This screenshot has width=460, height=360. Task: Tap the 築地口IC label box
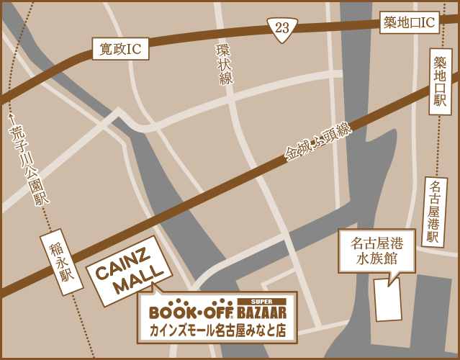[x=410, y=23]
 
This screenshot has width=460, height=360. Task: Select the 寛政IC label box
[x=120, y=49]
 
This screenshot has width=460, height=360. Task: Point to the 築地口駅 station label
[x=440, y=82]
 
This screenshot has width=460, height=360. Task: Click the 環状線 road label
[x=225, y=65]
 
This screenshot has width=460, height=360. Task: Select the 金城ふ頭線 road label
[x=317, y=141]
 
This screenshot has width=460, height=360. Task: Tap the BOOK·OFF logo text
[x=191, y=312]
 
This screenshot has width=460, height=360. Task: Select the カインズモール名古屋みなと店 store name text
[x=217, y=331]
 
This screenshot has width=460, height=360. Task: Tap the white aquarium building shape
[x=388, y=300]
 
